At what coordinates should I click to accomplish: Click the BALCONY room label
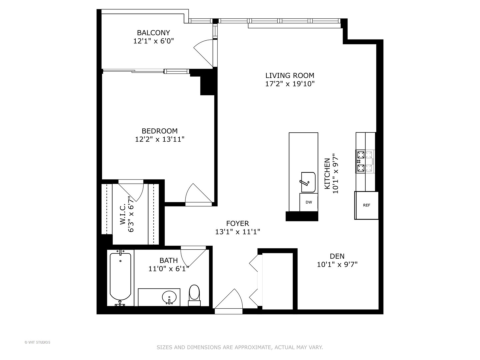point(153,33)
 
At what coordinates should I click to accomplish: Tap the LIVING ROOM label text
point(290,75)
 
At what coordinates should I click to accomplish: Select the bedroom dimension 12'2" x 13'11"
point(160,139)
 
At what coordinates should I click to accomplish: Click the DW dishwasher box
point(309,202)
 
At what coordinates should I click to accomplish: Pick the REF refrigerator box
point(366,205)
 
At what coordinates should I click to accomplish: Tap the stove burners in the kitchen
point(365,161)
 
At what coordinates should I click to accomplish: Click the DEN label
point(337,256)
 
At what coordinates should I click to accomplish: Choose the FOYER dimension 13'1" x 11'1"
point(237,232)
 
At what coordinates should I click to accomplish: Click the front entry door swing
point(229,300)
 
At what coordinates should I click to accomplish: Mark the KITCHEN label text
point(327,173)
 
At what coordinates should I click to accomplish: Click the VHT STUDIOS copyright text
point(37,342)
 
